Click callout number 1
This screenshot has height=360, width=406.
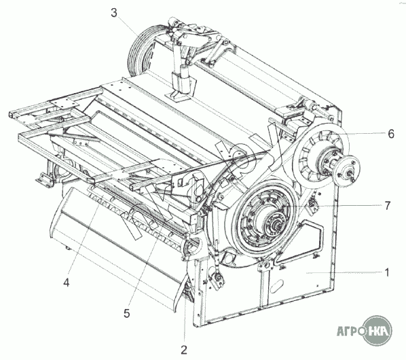click(x=387, y=272)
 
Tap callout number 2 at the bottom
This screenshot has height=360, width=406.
click(x=184, y=350)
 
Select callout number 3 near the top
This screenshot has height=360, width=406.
click(x=114, y=13)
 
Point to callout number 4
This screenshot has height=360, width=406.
click(x=67, y=283)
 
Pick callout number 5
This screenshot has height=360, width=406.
click(x=126, y=314)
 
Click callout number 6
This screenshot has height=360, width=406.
click(x=391, y=134)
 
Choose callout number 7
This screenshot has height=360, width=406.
click(x=388, y=206)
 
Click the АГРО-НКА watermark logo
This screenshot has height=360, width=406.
click(x=365, y=331)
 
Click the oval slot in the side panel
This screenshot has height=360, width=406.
click(x=276, y=286)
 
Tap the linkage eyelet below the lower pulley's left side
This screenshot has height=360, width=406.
click(x=218, y=279)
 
